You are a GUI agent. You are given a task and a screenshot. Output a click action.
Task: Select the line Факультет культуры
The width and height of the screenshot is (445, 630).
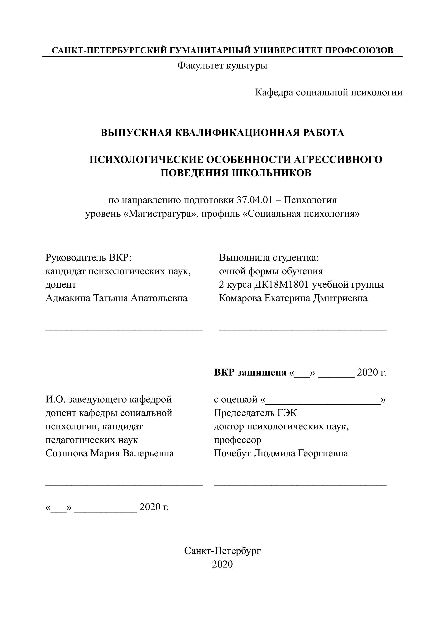(222, 65)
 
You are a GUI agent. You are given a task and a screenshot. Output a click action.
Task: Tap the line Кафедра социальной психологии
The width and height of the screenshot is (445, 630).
(329, 92)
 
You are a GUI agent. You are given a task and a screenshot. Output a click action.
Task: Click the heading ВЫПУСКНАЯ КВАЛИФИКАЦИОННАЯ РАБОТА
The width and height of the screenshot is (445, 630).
(222, 133)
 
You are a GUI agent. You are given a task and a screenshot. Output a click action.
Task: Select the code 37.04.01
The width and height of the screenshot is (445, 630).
(255, 200)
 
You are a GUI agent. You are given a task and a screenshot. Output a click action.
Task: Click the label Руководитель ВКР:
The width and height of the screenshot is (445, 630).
(89, 258)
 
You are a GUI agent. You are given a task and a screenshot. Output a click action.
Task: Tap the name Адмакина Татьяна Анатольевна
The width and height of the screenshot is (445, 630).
(116, 298)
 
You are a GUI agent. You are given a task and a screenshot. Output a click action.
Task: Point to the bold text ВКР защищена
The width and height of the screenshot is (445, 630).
(250, 372)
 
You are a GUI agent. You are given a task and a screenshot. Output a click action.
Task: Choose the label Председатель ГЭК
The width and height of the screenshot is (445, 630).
(255, 413)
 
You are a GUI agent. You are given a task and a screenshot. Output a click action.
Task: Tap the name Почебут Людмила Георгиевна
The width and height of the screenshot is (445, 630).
(281, 453)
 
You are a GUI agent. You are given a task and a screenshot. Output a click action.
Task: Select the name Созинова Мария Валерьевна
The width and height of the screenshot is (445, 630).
(109, 453)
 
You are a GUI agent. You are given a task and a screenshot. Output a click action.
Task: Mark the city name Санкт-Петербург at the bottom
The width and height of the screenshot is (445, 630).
(222, 550)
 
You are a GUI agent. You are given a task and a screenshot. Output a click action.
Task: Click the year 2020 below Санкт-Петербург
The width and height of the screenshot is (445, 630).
(222, 564)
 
